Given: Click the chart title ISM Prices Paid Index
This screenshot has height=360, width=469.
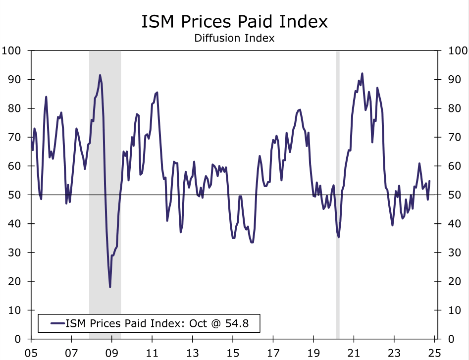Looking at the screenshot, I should pyautogui.click(x=234, y=22).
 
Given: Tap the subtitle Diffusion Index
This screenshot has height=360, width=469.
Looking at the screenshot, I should pyautogui.click(x=234, y=38).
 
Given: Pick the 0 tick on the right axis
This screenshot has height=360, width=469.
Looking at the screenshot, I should pyautogui.click(x=451, y=339).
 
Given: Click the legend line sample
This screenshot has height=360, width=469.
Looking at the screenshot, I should pyautogui.click(x=58, y=324).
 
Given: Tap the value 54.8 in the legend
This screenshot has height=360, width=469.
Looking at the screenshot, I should pyautogui.click(x=237, y=324).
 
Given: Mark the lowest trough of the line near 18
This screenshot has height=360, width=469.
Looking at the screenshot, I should pyautogui.click(x=110, y=287).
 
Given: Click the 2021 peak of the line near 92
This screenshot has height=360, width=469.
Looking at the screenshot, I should pyautogui.click(x=362, y=73).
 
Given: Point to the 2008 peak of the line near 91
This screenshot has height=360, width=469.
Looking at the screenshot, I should pyautogui.click(x=100, y=75).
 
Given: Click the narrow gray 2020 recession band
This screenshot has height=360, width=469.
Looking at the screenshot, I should pyautogui.click(x=338, y=198).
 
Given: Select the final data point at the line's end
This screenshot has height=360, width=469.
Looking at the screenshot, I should pyautogui.click(x=429, y=181).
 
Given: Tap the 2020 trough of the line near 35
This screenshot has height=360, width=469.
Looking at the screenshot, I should pyautogui.click(x=339, y=237).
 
